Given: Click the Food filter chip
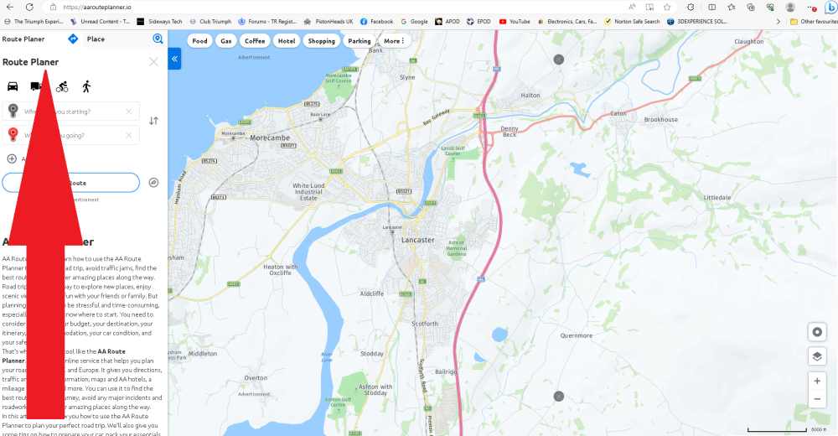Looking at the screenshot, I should [x=199, y=40].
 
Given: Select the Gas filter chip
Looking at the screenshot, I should [x=225, y=40].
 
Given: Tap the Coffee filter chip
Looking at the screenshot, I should [x=255, y=40].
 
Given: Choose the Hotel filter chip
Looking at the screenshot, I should [x=287, y=40].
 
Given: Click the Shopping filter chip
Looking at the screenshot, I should [x=321, y=40].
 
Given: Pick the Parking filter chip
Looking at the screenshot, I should [x=359, y=40].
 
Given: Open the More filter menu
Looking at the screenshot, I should [x=394, y=40].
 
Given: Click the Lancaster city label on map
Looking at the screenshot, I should [x=418, y=240].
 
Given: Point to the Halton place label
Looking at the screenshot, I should [x=530, y=96].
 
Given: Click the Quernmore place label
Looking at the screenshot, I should [x=576, y=335].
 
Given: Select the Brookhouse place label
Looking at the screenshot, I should [x=660, y=120].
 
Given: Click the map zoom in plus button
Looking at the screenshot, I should [x=816, y=380].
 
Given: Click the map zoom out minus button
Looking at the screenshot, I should [x=816, y=399].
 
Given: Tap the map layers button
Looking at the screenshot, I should [x=816, y=356].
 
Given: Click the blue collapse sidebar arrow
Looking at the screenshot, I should [x=174, y=59].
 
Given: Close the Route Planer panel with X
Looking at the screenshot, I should [x=153, y=62].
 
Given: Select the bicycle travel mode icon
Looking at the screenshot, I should [x=62, y=86].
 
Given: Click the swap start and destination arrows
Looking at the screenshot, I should [x=153, y=121].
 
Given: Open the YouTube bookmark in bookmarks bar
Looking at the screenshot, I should [x=515, y=21].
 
